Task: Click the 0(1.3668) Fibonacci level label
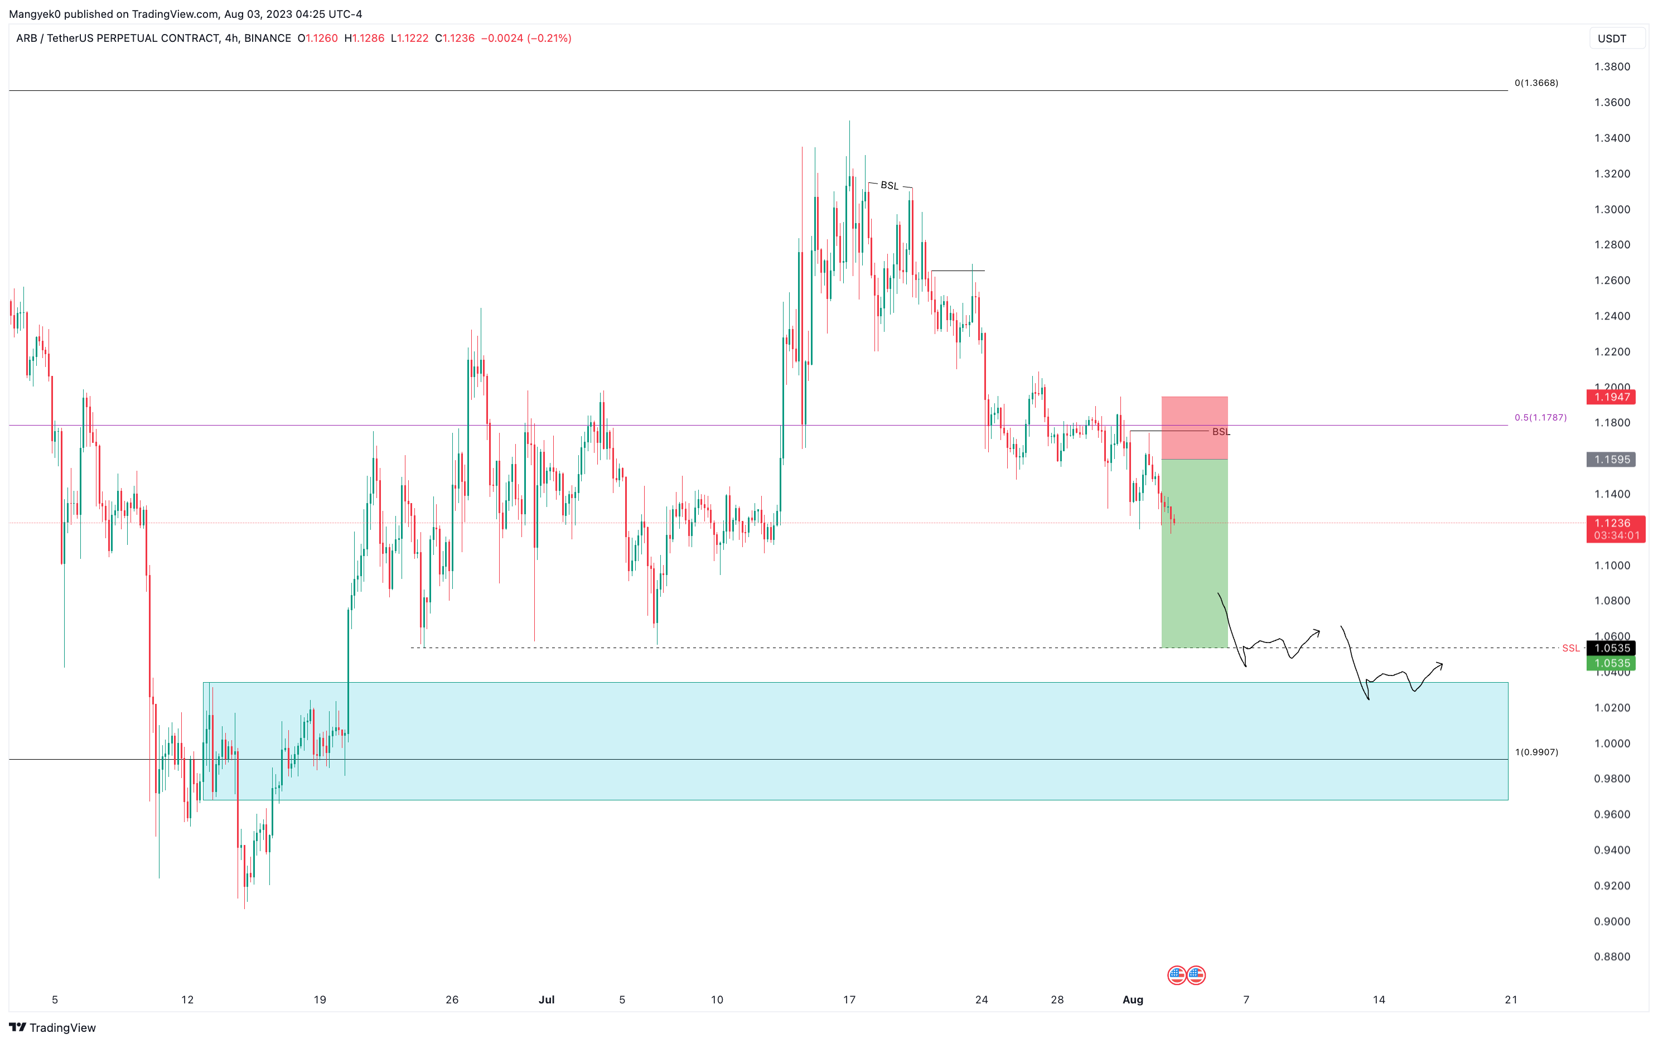pyautogui.click(x=1536, y=83)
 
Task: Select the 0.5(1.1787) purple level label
pyautogui.click(x=1540, y=418)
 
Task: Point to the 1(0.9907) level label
pyautogui.click(x=1536, y=752)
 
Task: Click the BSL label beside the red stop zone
pyautogui.click(x=1221, y=432)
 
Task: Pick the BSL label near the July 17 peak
pyautogui.click(x=890, y=186)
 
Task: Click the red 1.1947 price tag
pyautogui.click(x=1612, y=397)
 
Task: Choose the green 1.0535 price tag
pyautogui.click(x=1612, y=664)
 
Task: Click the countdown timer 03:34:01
pyautogui.click(x=1616, y=535)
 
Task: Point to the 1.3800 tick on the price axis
pyautogui.click(x=1612, y=67)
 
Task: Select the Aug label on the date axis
pyautogui.click(x=1133, y=999)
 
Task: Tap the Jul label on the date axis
pyautogui.click(x=547, y=999)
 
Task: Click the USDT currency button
pyautogui.click(x=1612, y=38)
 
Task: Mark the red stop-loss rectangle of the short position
pyautogui.click(x=1195, y=428)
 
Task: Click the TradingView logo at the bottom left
pyautogui.click(x=52, y=1028)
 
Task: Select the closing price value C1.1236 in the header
pyautogui.click(x=455, y=38)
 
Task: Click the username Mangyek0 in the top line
pyautogui.click(x=35, y=14)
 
